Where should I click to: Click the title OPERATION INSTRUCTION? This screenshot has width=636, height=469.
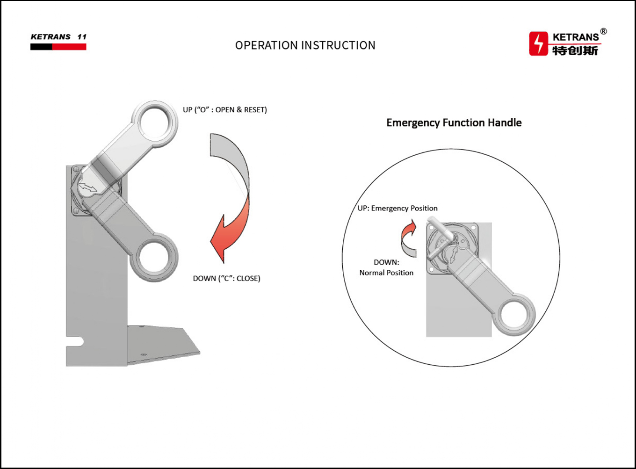pos(305,45)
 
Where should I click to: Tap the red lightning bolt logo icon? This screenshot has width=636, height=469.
pos(538,43)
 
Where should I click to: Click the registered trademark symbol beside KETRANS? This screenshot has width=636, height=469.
pos(603,32)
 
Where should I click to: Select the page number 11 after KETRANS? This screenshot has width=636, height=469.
pos(82,36)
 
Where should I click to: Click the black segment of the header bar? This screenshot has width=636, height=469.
pos(41,47)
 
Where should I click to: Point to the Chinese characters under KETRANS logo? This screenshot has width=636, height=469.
pos(575,51)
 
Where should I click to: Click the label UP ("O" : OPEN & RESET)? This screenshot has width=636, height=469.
pos(224,110)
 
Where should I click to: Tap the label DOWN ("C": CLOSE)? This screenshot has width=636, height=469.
pos(226,278)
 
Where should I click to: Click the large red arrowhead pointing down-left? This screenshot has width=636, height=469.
pos(223,238)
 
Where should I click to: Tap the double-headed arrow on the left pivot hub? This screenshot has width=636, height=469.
pos(87,188)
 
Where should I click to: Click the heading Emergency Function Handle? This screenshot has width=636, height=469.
pos(454,123)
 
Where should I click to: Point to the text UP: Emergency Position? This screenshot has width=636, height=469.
pos(397,208)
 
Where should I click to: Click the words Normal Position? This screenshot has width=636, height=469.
pos(386,273)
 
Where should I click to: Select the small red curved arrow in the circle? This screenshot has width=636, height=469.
pos(408,238)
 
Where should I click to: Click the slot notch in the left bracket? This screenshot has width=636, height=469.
pos(75,342)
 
